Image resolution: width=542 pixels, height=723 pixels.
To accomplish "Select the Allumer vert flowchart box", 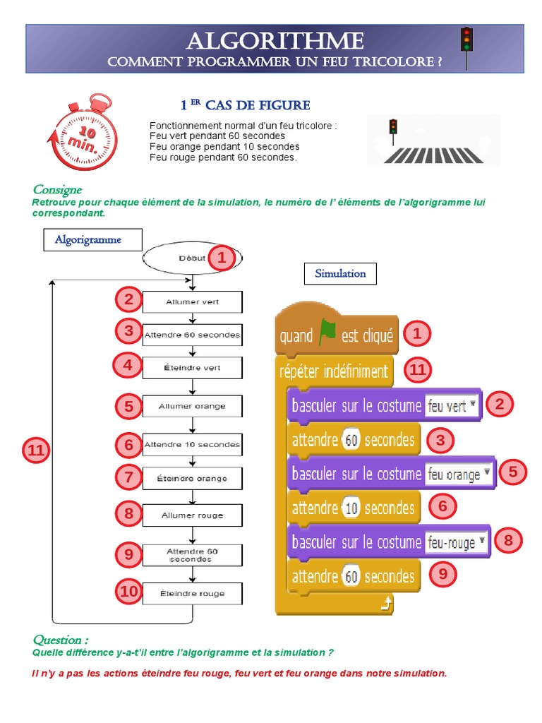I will coord(192,302).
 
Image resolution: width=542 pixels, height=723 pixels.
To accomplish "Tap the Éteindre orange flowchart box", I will coord(192,479).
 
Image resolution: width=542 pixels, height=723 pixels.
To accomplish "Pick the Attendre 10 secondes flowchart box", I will coord(192,445).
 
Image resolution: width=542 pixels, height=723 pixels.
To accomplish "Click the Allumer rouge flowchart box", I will coord(192,515).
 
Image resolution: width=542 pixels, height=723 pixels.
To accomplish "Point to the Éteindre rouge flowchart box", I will coord(192,594).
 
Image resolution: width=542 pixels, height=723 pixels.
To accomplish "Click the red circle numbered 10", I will coord(128,592).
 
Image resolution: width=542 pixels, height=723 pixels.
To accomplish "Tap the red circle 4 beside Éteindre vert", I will coord(128,365).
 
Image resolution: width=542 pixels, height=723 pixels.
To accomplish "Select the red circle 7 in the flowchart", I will coord(128,477).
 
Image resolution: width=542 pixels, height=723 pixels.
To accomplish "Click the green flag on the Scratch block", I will coord(327,333).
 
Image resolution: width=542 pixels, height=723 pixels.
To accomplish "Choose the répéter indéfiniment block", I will coord(334,371).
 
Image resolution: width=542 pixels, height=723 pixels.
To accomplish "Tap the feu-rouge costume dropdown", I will coord(457,542).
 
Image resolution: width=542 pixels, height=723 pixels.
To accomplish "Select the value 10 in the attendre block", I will coord(351,508).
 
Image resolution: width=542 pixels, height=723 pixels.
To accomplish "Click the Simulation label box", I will coord(340,274).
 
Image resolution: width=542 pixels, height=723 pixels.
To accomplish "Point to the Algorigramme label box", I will coord(88,240).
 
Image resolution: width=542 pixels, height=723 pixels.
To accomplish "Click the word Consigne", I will coord(57,189).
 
